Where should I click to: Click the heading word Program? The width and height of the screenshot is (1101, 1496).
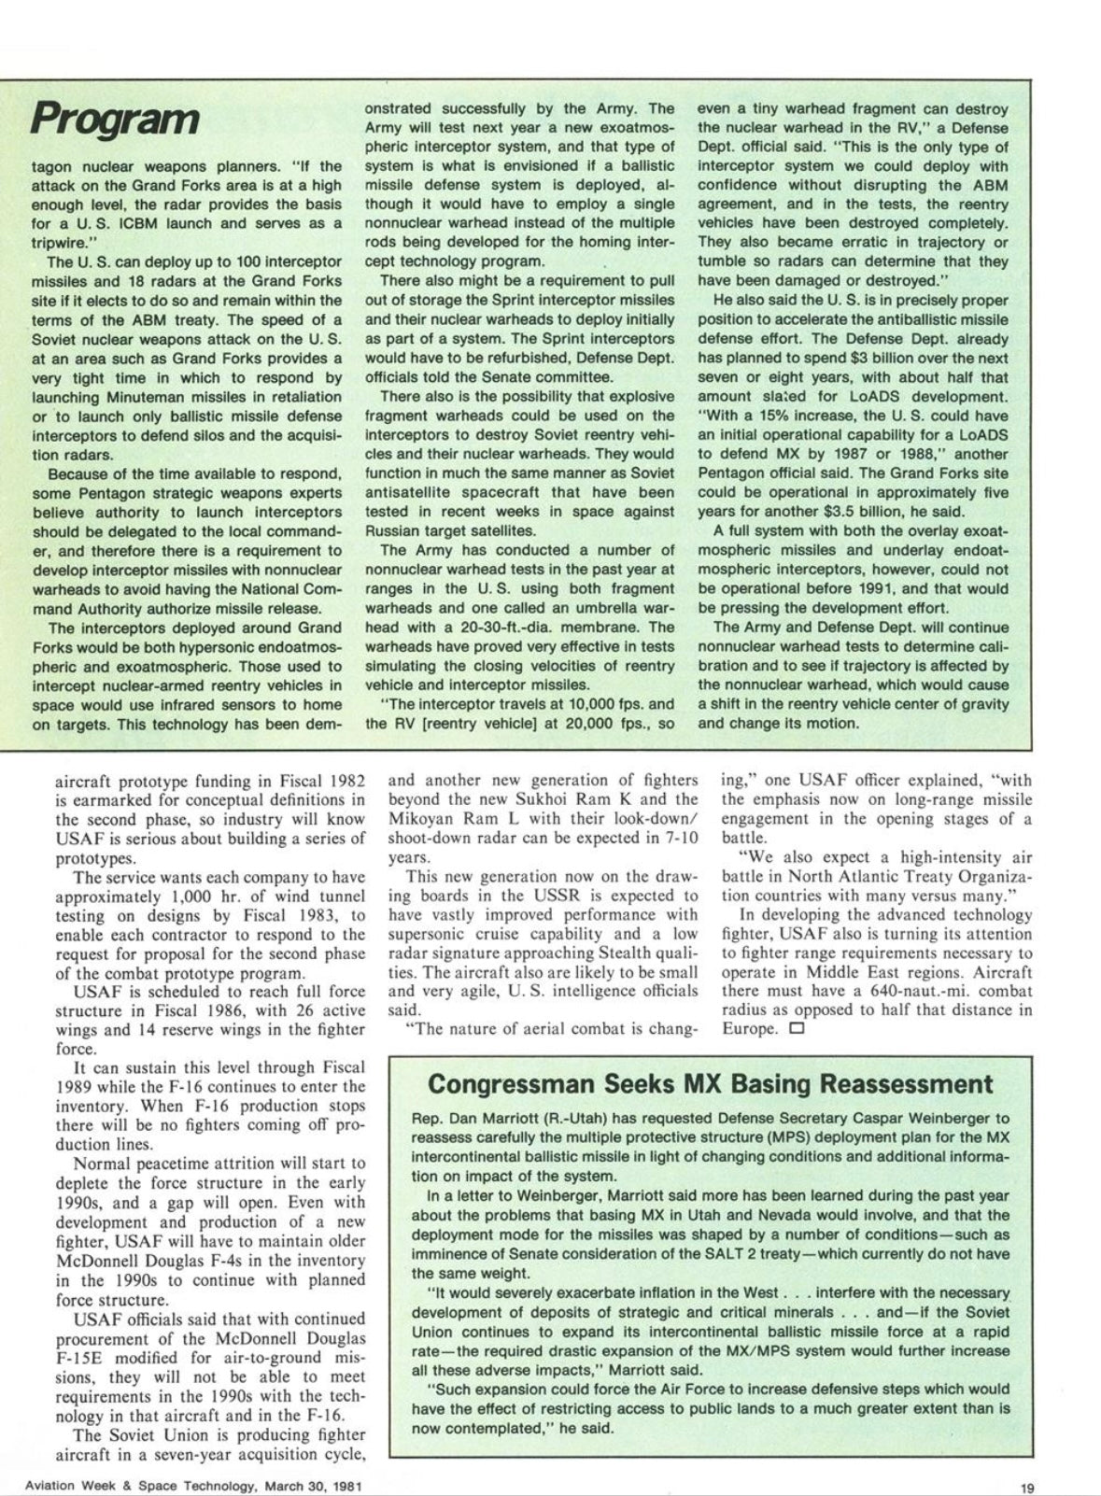115,120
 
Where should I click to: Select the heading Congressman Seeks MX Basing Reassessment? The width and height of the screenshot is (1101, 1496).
709,1085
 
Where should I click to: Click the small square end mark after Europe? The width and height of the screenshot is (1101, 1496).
796,1029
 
